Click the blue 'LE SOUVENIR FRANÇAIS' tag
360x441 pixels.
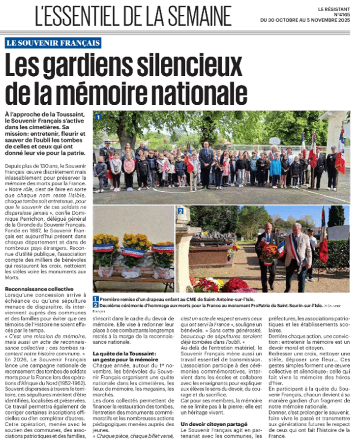(x=53, y=43)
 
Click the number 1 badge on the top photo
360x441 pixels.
(x=98, y=118)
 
